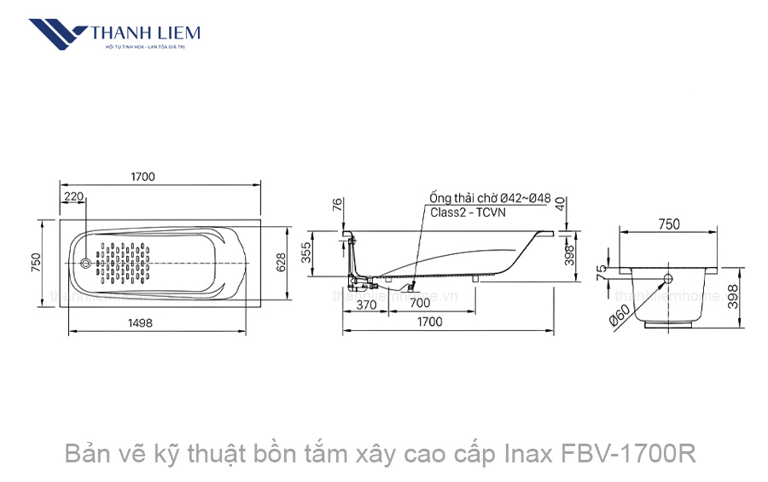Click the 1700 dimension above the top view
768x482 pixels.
143,177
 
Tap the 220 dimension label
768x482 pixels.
74,197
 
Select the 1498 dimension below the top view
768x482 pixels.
140,322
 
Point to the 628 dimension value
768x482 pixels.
280,263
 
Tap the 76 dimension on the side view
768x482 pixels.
337,205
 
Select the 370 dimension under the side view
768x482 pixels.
366,304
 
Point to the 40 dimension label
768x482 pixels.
559,205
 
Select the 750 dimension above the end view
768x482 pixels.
669,224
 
